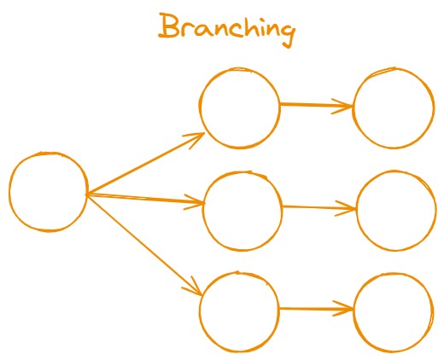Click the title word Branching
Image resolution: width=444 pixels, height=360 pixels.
coord(227,29)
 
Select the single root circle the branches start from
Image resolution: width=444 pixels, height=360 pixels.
coord(49,192)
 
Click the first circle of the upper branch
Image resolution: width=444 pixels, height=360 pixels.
coord(240,107)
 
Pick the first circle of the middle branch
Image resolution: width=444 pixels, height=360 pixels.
coord(242,211)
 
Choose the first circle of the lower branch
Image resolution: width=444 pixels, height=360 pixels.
coord(240,311)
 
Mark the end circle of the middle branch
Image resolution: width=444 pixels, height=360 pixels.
coord(395,211)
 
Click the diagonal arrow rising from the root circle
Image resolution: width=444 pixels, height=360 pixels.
coord(145,164)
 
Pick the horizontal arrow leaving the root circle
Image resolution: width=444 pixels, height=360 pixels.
coord(145,200)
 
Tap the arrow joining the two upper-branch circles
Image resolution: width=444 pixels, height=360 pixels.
coord(316,106)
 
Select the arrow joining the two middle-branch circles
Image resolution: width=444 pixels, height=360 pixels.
coord(318,207)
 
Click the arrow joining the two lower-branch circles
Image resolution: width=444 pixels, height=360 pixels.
coord(316,309)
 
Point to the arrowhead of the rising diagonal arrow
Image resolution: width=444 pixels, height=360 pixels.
coord(198,136)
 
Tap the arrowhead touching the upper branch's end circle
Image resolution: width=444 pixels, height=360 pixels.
coord(346,107)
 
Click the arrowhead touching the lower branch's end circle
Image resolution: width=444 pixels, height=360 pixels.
coord(346,310)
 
